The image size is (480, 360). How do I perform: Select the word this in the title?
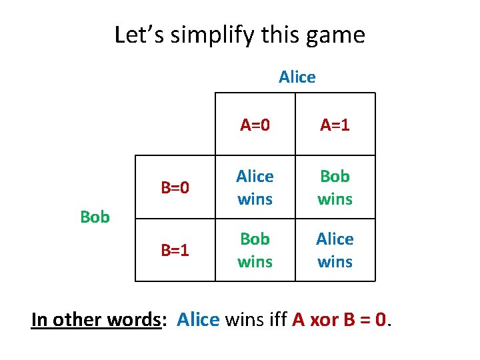[279, 35]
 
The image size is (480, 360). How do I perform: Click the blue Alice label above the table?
[297, 77]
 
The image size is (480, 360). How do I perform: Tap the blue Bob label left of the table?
[95, 217]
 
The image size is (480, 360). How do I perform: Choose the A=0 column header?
[255, 125]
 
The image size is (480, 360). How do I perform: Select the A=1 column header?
[335, 125]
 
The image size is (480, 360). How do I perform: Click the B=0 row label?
[175, 189]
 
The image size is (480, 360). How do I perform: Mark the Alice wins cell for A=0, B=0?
[255, 187]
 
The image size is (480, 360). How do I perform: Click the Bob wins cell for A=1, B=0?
[335, 187]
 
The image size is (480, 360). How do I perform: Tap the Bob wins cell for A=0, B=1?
[255, 250]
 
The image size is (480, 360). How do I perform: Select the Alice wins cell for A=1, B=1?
[335, 250]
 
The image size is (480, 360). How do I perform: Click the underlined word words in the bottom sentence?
[135, 320]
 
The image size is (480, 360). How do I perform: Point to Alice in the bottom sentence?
[198, 320]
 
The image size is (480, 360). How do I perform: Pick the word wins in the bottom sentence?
[245, 320]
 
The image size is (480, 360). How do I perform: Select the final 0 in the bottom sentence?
[381, 320]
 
